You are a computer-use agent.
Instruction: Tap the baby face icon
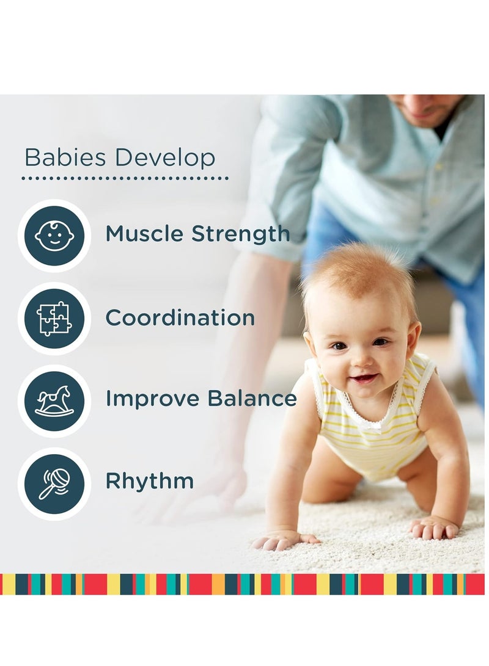pos(54,236)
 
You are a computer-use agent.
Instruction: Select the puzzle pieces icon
pos(54,318)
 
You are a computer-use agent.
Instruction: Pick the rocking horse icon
pos(54,400)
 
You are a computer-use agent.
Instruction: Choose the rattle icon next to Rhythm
pos(54,483)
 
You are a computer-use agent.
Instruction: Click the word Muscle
pos(144,234)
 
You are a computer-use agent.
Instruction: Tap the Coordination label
pos(180,318)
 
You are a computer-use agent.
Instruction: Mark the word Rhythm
pos(149,481)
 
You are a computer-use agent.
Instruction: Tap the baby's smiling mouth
pos(364,378)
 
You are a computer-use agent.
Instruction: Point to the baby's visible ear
pos(414,339)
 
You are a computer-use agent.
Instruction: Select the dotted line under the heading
pos(125,178)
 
